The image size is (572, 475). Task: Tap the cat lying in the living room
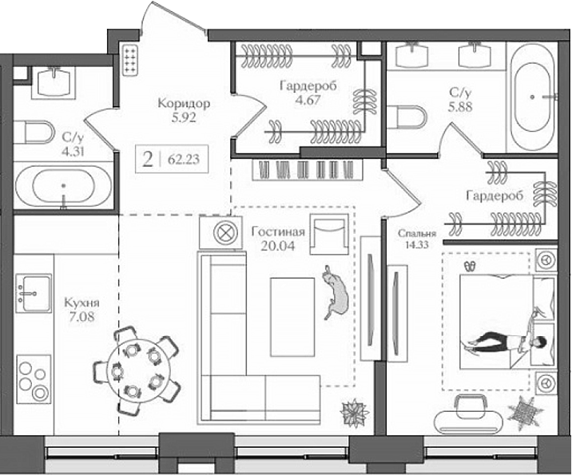pos(336,293)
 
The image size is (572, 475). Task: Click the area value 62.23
pos(184,158)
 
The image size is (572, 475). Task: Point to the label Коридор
pos(184,104)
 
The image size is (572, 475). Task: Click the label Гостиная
pos(276,232)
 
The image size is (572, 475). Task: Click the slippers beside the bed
pos(469,263)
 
